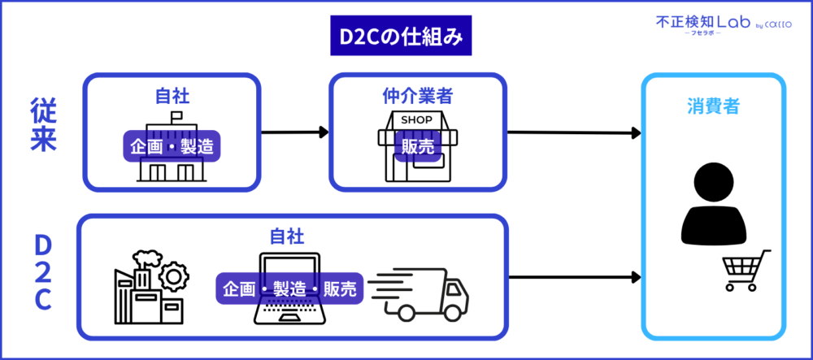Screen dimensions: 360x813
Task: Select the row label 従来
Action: (x=42, y=126)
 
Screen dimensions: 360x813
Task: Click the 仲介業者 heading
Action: (x=417, y=96)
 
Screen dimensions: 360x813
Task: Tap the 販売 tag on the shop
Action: (x=417, y=147)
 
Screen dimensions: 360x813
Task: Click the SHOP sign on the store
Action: (x=418, y=120)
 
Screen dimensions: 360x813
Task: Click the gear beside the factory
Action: (x=172, y=276)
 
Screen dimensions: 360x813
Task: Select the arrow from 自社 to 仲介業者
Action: (x=295, y=132)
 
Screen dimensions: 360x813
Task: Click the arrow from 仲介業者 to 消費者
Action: (x=572, y=132)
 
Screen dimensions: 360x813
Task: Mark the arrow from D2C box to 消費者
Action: (x=572, y=277)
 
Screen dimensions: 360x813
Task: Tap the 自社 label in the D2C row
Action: (x=287, y=236)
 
